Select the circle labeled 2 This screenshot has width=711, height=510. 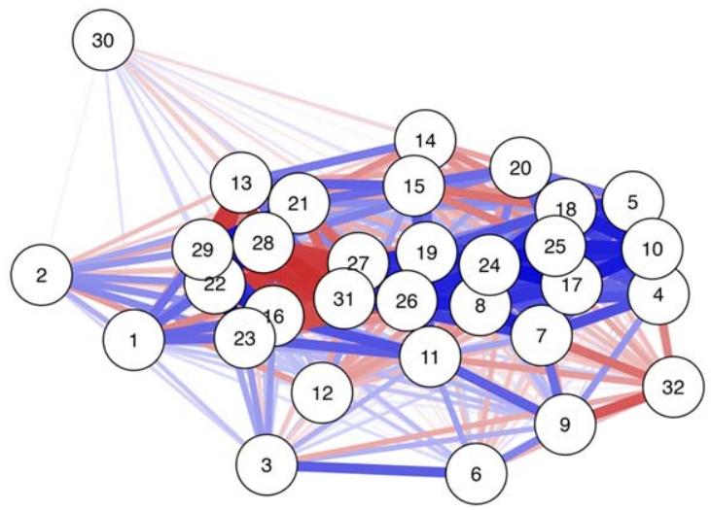(x=41, y=275)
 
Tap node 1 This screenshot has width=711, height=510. (x=133, y=340)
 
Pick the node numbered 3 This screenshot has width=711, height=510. (x=267, y=464)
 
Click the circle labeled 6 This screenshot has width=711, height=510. (x=476, y=474)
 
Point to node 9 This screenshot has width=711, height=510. (x=565, y=424)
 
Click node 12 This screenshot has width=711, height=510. (x=323, y=393)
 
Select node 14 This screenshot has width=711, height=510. (x=425, y=141)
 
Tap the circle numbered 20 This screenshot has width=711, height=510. (x=520, y=168)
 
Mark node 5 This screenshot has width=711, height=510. (x=633, y=202)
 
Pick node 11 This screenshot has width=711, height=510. (x=429, y=357)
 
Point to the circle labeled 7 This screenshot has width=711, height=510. (x=541, y=336)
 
